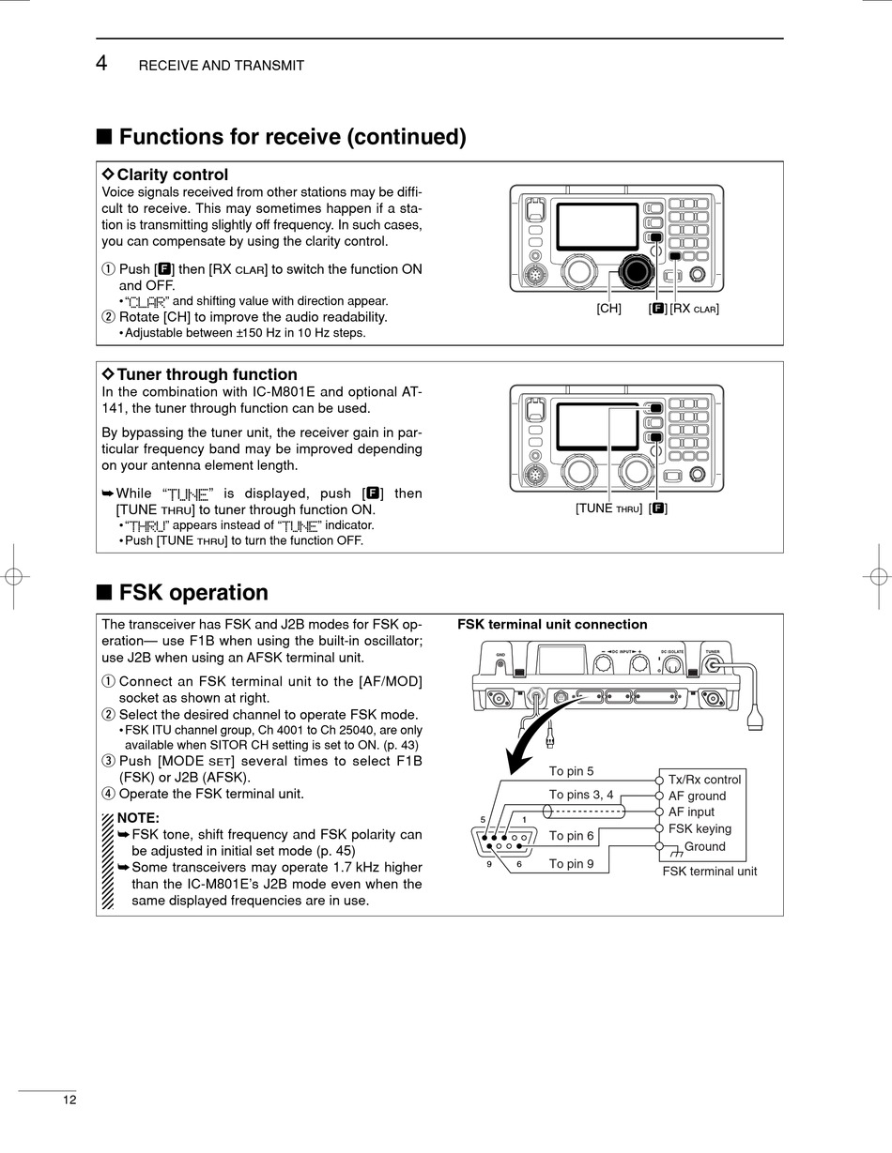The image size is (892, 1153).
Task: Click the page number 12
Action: (x=70, y=1100)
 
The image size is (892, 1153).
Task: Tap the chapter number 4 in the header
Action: (x=102, y=64)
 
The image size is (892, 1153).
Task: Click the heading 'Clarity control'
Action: (x=172, y=174)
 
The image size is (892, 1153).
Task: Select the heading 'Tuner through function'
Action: (x=207, y=374)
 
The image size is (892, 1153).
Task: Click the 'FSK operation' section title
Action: (x=193, y=593)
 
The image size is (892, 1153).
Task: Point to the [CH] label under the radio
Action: (x=609, y=309)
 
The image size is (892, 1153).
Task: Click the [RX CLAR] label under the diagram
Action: (x=695, y=309)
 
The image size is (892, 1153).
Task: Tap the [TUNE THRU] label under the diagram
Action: (x=609, y=508)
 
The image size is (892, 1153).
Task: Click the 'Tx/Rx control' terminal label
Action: (x=704, y=780)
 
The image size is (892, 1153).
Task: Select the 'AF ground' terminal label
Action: (x=697, y=796)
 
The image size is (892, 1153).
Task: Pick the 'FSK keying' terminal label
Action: (x=700, y=829)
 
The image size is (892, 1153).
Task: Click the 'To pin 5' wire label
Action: (x=571, y=772)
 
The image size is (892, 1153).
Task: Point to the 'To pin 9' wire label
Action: (x=571, y=864)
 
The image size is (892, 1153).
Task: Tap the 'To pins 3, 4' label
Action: (x=581, y=795)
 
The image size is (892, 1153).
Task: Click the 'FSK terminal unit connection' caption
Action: (x=552, y=625)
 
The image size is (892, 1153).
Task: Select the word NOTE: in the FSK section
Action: (x=138, y=818)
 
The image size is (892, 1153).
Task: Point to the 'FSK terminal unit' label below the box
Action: (x=709, y=872)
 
